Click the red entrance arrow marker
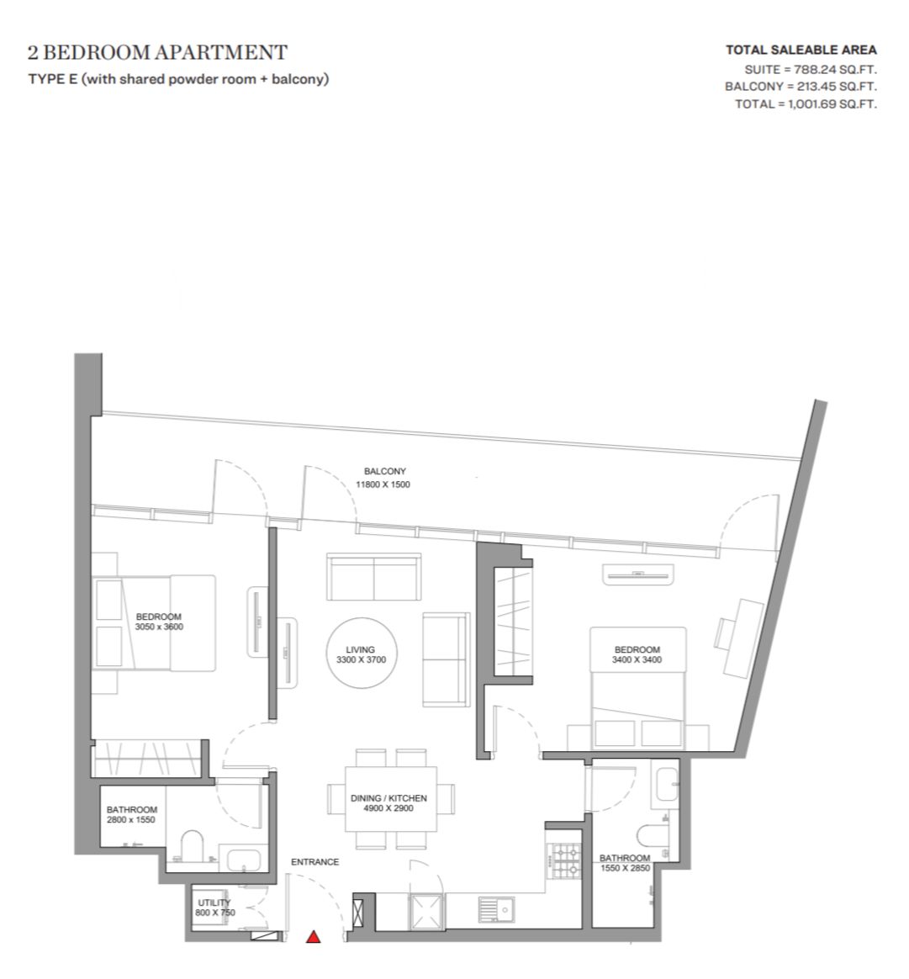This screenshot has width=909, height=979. click(x=314, y=937)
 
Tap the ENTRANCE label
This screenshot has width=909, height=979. click(x=315, y=861)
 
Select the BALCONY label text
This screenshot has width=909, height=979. click(x=385, y=471)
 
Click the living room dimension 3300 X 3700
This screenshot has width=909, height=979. click(x=361, y=659)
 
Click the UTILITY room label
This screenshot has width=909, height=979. click(x=214, y=902)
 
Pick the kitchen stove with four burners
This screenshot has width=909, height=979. click(x=563, y=860)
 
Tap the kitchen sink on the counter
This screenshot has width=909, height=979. click(x=496, y=911)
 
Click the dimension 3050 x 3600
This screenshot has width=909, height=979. click(x=159, y=627)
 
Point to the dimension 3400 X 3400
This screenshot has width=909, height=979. click(x=637, y=659)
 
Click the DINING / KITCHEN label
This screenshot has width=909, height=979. click(x=389, y=798)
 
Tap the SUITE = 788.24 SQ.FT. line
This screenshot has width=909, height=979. click(x=811, y=69)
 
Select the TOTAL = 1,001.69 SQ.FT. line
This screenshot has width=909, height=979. click(x=806, y=104)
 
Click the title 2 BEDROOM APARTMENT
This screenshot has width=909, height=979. click(x=157, y=52)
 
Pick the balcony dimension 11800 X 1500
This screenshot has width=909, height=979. click(x=383, y=484)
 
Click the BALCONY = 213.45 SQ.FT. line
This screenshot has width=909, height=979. click(x=801, y=87)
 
